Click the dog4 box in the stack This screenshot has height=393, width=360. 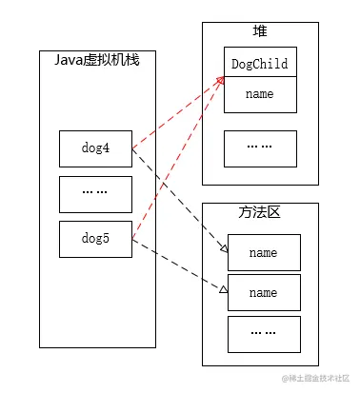(x=95, y=148)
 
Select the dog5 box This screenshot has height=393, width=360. (x=95, y=239)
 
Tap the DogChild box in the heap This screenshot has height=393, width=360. (x=260, y=62)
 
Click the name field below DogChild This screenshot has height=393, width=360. (x=260, y=94)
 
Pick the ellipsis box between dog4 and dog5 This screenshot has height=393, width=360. (x=95, y=194)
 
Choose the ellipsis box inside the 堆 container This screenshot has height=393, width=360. (x=260, y=148)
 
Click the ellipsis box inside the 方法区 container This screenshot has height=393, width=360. (x=264, y=334)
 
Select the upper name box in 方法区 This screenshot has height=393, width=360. (x=264, y=252)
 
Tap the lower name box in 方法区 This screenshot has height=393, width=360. (x=264, y=292)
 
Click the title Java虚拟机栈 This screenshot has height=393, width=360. (x=97, y=60)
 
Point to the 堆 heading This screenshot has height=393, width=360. (x=260, y=31)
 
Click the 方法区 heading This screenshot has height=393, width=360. (x=260, y=212)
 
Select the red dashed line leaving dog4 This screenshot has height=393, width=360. (x=178, y=113)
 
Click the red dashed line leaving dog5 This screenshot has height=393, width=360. (x=178, y=158)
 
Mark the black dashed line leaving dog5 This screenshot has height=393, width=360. (x=180, y=265)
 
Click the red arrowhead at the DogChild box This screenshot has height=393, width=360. (x=221, y=80)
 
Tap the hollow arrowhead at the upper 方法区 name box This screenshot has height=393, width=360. (x=225, y=249)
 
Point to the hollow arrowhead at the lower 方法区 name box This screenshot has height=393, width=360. (x=224, y=289)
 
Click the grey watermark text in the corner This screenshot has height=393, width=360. (x=315, y=378)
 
